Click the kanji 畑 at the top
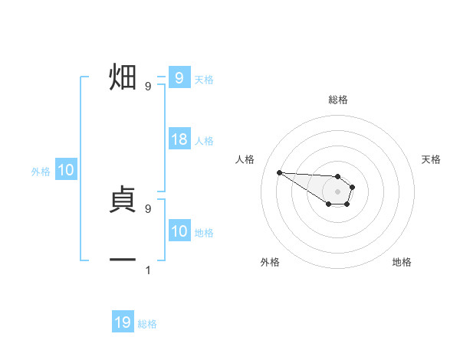pyautogui.click(x=122, y=78)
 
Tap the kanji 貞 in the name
pyautogui.click(x=122, y=199)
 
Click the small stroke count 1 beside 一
pyautogui.click(x=148, y=270)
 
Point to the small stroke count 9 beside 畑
pyautogui.click(x=148, y=87)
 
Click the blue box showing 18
pyautogui.click(x=179, y=139)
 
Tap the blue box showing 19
pyautogui.click(x=123, y=322)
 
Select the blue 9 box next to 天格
pyautogui.click(x=179, y=78)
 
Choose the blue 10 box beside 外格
pyautogui.click(x=66, y=171)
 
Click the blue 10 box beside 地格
pyautogui.click(x=179, y=231)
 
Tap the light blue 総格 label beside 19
pyautogui.click(x=147, y=324)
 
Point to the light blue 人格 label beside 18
pyautogui.click(x=204, y=141)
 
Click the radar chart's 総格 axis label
pyautogui.click(x=338, y=100)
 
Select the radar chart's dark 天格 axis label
pyautogui.click(x=431, y=159)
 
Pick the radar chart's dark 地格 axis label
pyautogui.click(x=402, y=262)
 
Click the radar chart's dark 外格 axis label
pyautogui.click(x=270, y=262)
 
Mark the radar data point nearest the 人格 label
pyautogui.click(x=279, y=172)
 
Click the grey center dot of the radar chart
pyautogui.click(x=338, y=191)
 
